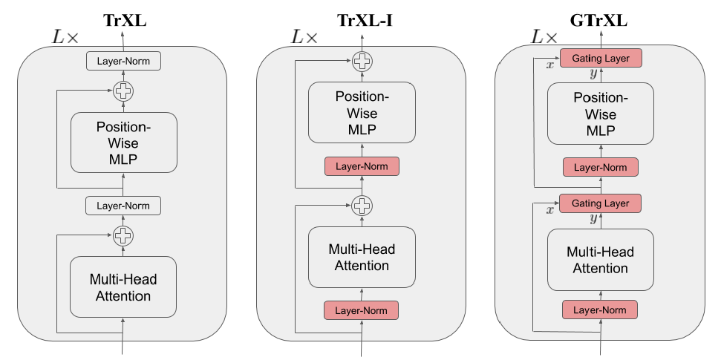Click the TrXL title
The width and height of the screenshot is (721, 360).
123,20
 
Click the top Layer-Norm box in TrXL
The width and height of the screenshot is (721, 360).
123,61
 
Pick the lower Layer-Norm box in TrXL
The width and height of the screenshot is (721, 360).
123,206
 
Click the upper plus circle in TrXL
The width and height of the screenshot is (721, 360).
123,92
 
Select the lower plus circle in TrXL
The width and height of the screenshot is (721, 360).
123,237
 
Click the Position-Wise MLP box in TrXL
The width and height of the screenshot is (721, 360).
123,142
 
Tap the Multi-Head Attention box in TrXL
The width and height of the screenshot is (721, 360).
123,287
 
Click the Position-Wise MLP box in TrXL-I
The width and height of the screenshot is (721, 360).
362,113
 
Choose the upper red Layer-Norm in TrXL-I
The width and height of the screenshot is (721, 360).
362,166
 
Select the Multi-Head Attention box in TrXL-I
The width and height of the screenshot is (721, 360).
362,258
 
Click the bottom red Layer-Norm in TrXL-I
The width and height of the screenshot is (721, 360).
362,310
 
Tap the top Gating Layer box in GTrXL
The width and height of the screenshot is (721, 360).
601,58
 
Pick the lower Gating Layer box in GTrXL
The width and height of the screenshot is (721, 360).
601,203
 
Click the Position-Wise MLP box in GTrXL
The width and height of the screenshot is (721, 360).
601,113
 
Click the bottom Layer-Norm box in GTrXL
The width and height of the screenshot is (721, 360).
601,310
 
